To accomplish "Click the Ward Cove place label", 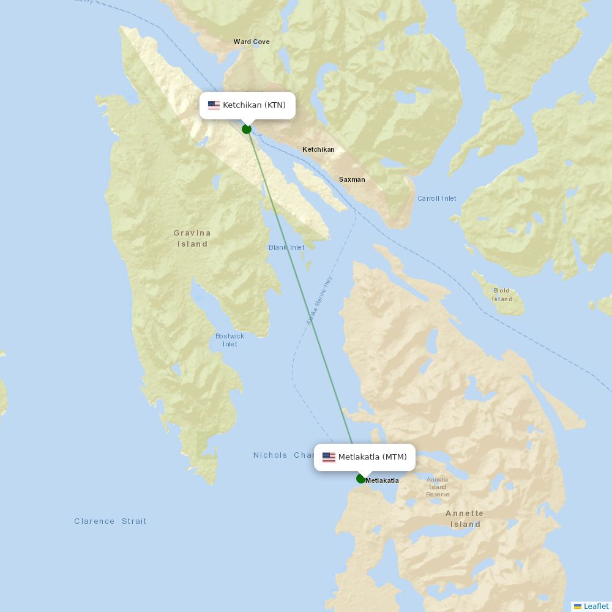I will click(252, 42).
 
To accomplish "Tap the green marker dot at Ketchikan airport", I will click(247, 129).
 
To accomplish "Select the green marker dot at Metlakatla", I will click(361, 479).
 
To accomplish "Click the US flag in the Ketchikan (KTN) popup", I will click(214, 105).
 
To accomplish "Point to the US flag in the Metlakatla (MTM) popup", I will click(329, 457).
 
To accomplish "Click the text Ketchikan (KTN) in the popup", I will click(254, 105).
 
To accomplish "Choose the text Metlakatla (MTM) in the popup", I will click(372, 457).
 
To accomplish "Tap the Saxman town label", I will click(352, 179).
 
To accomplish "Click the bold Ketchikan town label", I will click(318, 150).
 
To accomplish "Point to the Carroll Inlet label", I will click(436, 198).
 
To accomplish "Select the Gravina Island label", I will click(192, 238).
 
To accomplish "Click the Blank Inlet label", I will click(286, 247).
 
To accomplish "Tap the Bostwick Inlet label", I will click(229, 340).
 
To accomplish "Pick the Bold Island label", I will click(502, 295).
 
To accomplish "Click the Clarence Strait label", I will click(110, 521).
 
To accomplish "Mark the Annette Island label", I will click(465, 518).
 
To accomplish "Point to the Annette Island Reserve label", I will click(438, 487).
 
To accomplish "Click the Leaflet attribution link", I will click(595, 606).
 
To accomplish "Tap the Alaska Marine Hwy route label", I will click(319, 300).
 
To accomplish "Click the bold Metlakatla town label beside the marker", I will click(382, 480).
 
